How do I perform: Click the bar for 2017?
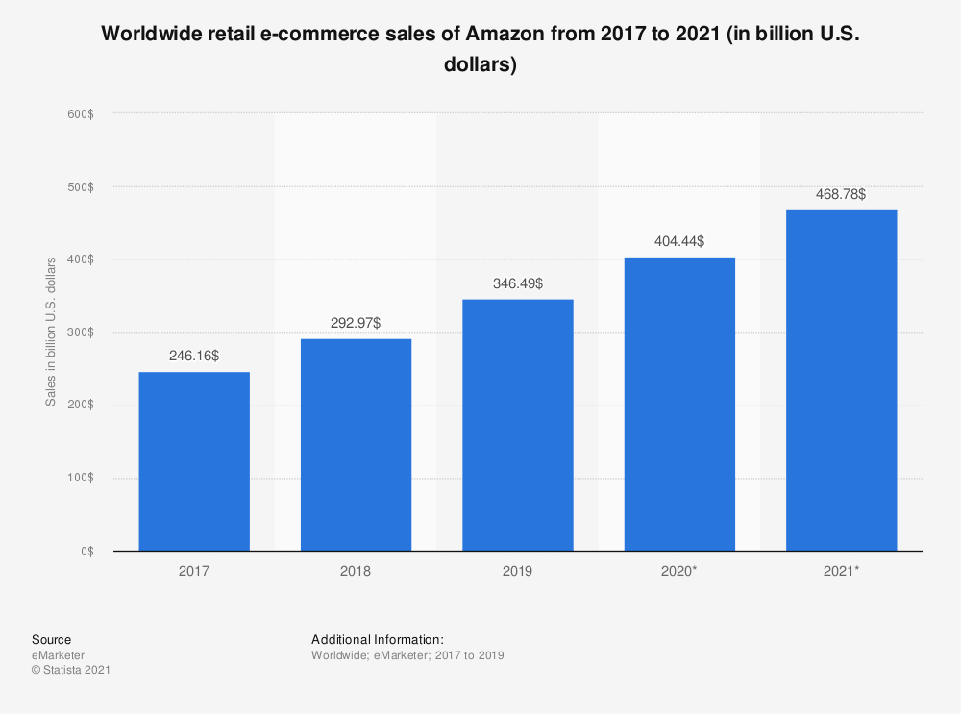coord(194,461)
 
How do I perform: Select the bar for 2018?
coord(356,445)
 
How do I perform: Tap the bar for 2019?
coord(518,425)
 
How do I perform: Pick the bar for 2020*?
coord(679,404)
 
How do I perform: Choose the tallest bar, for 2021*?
coord(841,381)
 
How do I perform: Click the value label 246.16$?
coord(194,356)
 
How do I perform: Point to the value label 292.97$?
coord(356,323)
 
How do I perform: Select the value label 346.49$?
coord(518,283)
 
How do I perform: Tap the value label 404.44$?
coord(679,241)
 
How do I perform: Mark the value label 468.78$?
coord(841,194)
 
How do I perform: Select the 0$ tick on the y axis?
coord(86,552)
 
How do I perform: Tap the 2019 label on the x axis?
coord(518,571)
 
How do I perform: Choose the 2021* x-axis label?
coord(841,571)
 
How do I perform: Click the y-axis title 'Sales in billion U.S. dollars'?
coord(51,331)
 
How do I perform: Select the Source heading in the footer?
coord(51,639)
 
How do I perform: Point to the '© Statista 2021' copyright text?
coord(71,670)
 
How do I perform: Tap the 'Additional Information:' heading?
coord(377,639)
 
